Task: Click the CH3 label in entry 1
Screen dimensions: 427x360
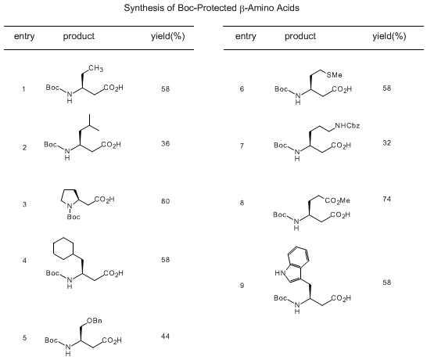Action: (95, 68)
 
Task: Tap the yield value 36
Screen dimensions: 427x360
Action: (165, 143)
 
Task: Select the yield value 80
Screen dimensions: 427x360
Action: (165, 201)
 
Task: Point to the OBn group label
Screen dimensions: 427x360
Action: (95, 321)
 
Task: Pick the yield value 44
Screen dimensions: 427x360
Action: (165, 337)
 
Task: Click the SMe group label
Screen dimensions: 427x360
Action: (334, 74)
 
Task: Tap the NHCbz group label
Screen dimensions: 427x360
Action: (347, 126)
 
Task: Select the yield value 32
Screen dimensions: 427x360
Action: (386, 142)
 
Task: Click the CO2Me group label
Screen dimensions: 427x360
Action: (337, 201)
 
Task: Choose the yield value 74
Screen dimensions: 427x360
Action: (386, 199)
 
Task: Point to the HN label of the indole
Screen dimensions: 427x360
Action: (280, 273)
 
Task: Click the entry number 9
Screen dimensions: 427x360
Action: (242, 286)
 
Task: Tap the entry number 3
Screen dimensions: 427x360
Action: (24, 204)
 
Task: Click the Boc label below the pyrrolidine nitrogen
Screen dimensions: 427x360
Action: (74, 217)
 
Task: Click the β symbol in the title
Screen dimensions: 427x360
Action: (242, 9)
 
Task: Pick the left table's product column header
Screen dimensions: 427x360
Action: (79, 36)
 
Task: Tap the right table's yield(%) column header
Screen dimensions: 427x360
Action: (389, 36)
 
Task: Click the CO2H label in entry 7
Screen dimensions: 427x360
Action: (341, 146)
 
